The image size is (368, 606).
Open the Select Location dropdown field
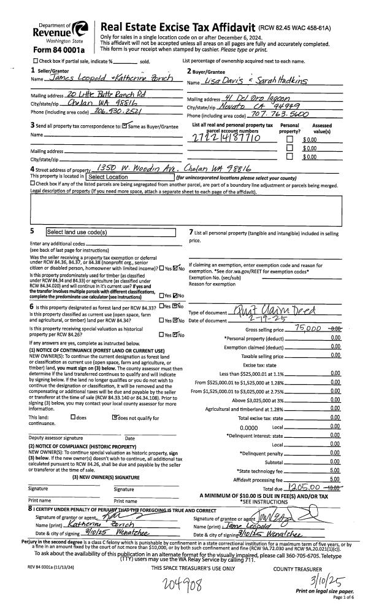[x=130, y=177]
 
